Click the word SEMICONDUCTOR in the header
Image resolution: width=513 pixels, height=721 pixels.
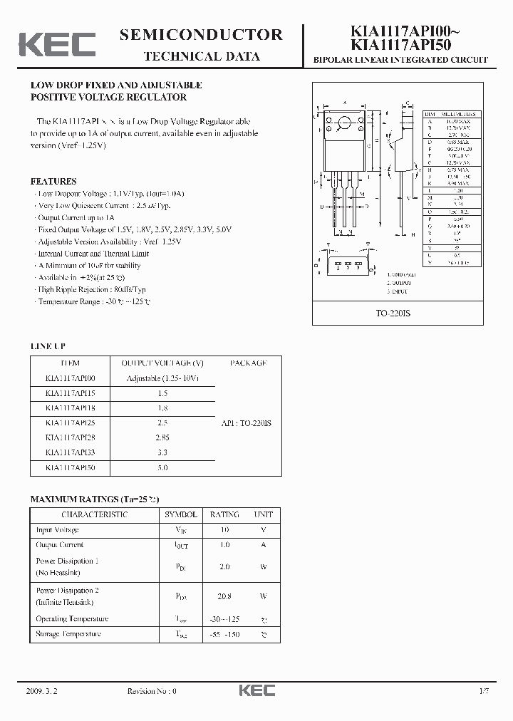coord(201,35)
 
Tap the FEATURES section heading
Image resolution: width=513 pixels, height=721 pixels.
coord(53,182)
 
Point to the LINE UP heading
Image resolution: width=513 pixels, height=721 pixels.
coord(48,346)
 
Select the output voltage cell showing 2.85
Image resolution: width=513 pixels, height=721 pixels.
coord(162,437)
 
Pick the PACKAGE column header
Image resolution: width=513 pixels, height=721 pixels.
coord(248,363)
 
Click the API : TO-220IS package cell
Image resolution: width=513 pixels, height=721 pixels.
coord(247,423)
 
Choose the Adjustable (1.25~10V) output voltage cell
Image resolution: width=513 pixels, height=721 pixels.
coord(162,378)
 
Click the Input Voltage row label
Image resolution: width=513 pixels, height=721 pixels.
coord(58,530)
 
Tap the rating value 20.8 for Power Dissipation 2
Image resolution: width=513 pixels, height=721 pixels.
coord(224,596)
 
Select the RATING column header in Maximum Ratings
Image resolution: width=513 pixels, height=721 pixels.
coord(224,514)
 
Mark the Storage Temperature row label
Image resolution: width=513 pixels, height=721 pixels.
coord(68,634)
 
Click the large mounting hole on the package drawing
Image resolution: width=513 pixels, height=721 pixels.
coord(344,122)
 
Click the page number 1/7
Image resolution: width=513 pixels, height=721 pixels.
coord(484,691)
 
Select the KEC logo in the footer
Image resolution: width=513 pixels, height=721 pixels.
coord(256,690)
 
